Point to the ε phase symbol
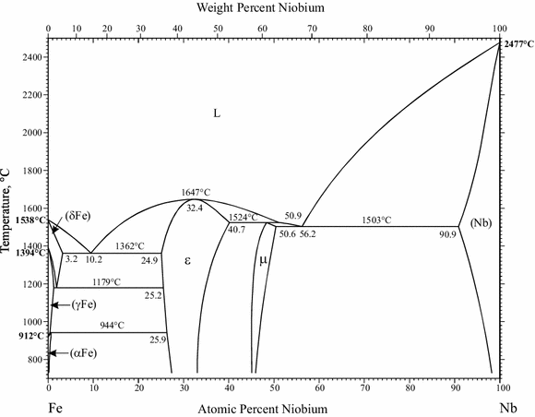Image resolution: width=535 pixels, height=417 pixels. tap(187, 261)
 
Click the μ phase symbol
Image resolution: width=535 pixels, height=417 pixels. tap(263, 260)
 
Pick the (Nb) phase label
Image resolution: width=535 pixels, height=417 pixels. tap(481, 223)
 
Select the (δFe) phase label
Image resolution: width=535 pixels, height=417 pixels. tap(78, 218)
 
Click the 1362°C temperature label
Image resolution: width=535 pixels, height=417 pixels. tap(130, 246)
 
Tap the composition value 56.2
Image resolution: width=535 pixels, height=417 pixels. tap(307, 234)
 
